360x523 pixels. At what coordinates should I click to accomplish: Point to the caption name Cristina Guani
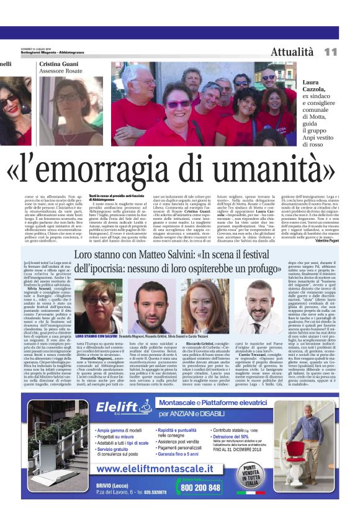coord(60,64)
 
